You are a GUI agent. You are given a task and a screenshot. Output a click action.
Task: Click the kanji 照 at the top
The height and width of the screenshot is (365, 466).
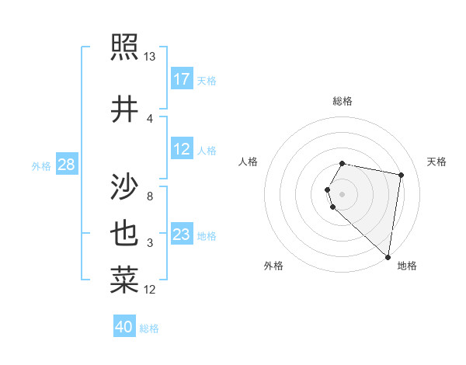pyautogui.click(x=124, y=47)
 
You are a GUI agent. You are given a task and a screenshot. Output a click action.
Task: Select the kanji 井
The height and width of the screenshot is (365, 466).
pyautogui.click(x=124, y=109)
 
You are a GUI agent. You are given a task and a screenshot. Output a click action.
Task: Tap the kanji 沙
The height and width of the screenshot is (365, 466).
pyautogui.click(x=124, y=186)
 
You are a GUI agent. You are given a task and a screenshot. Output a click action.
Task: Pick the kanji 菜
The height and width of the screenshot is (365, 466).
pyautogui.click(x=124, y=280)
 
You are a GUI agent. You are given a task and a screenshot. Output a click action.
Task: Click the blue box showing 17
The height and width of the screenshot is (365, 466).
pyautogui.click(x=182, y=79)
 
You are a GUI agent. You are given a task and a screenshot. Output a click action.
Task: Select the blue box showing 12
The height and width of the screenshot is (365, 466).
pyautogui.click(x=182, y=149)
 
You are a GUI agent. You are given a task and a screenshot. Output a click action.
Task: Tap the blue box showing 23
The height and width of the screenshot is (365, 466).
pyautogui.click(x=182, y=235)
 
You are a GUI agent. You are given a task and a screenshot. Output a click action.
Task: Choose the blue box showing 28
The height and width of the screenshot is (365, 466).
pyautogui.click(x=66, y=165)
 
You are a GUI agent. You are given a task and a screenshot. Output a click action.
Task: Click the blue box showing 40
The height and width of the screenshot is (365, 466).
pyautogui.click(x=124, y=327)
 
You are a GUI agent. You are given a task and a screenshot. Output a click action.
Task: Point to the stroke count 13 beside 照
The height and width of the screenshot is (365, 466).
pyautogui.click(x=150, y=56)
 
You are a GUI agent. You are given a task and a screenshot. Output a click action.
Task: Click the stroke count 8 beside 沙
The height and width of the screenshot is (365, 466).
pyautogui.click(x=150, y=196)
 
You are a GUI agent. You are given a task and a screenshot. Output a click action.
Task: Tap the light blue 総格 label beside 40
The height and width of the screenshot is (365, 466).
pyautogui.click(x=150, y=328)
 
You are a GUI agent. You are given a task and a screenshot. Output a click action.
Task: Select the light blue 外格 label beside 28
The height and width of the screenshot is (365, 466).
pyautogui.click(x=41, y=165)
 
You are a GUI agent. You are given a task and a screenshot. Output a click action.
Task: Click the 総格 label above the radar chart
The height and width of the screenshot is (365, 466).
pyautogui.click(x=343, y=101)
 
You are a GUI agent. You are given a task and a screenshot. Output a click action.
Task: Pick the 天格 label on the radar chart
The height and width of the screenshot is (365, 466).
pyautogui.click(x=436, y=162)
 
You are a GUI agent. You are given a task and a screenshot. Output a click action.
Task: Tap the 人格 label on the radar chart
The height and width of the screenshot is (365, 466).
pyautogui.click(x=249, y=162)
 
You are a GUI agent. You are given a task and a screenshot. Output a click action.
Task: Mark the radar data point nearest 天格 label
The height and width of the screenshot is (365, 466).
pyautogui.click(x=401, y=176)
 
